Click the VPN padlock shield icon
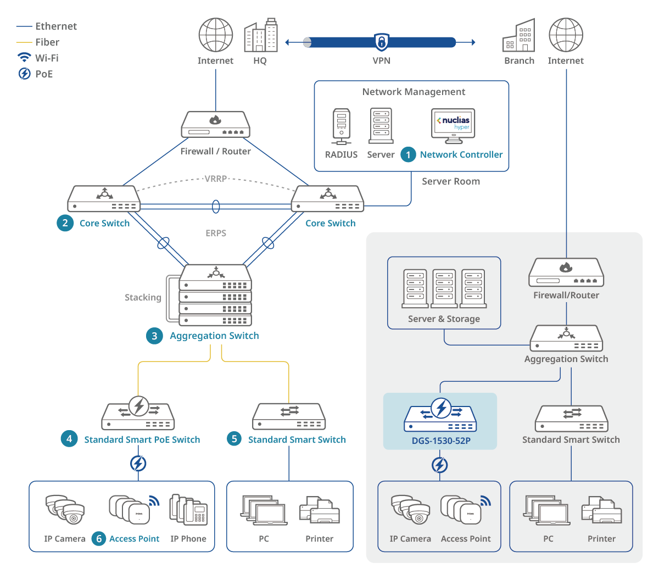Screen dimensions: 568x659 pyautogui.click(x=381, y=42)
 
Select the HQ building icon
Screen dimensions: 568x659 pyautogui.click(x=261, y=36)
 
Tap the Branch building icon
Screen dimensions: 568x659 pyautogui.click(x=519, y=36)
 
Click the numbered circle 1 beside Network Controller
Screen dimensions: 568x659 pyautogui.click(x=408, y=155)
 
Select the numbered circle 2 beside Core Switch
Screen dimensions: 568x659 pyautogui.click(x=65, y=223)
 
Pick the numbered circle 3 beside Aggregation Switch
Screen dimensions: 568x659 pyautogui.click(x=154, y=336)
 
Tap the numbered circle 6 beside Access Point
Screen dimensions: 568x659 pyautogui.click(x=99, y=539)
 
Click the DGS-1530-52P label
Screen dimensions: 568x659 pyautogui.click(x=441, y=441)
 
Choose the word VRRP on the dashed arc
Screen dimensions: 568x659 pyautogui.click(x=216, y=179)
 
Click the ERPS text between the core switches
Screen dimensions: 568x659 pyautogui.click(x=216, y=233)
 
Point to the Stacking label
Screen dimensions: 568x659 pyautogui.click(x=143, y=297)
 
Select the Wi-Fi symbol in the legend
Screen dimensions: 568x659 pyautogui.click(x=24, y=58)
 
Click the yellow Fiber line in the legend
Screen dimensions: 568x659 pyautogui.click(x=24, y=42)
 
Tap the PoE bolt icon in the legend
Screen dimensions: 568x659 pyautogui.click(x=24, y=74)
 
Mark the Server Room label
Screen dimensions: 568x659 pyautogui.click(x=451, y=181)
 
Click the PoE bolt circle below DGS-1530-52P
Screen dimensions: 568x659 pyautogui.click(x=440, y=465)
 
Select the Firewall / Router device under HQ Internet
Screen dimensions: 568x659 pyautogui.click(x=216, y=125)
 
